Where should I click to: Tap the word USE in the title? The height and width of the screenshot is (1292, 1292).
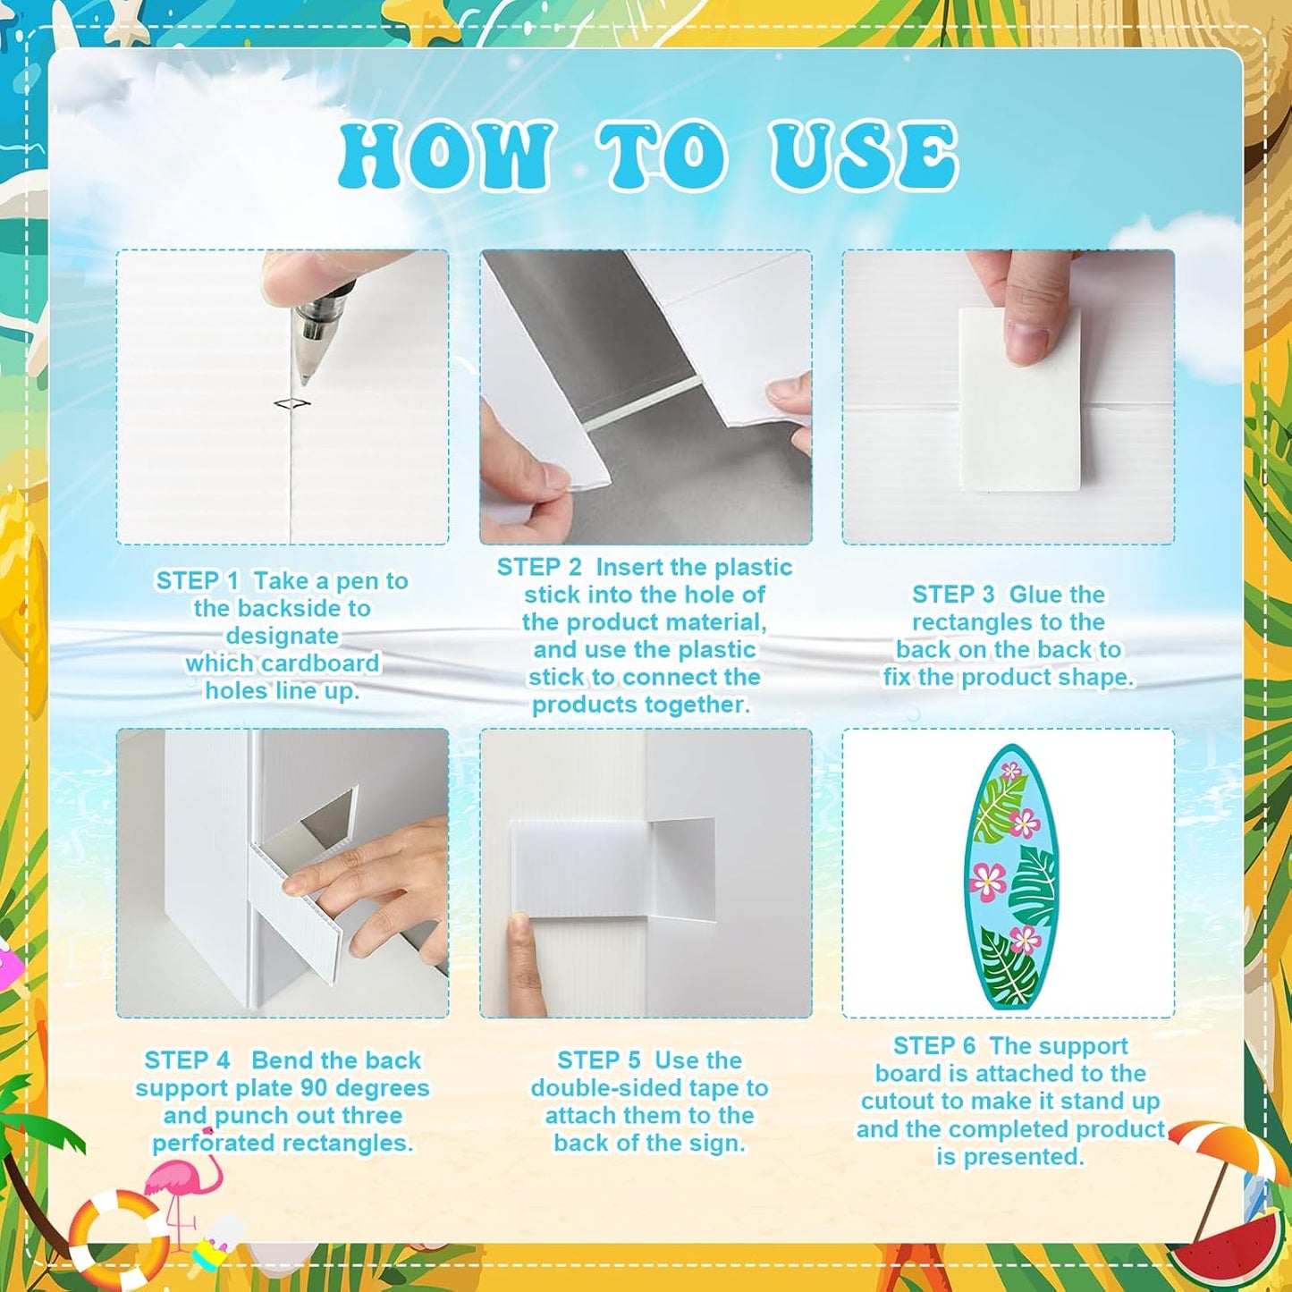865,155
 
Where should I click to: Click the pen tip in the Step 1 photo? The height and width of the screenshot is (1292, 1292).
305,379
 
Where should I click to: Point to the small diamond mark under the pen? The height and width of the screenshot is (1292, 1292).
293,403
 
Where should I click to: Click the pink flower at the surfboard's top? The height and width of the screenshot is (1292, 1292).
1012,773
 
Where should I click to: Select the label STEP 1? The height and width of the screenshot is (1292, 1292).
197,580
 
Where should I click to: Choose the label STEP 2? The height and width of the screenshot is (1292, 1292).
539,567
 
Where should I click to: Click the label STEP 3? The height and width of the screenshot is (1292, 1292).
953,595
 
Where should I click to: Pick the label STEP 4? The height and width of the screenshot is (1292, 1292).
187,1060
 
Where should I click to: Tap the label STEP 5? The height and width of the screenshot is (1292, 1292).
599,1060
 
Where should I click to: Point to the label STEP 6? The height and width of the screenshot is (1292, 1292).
934,1046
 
